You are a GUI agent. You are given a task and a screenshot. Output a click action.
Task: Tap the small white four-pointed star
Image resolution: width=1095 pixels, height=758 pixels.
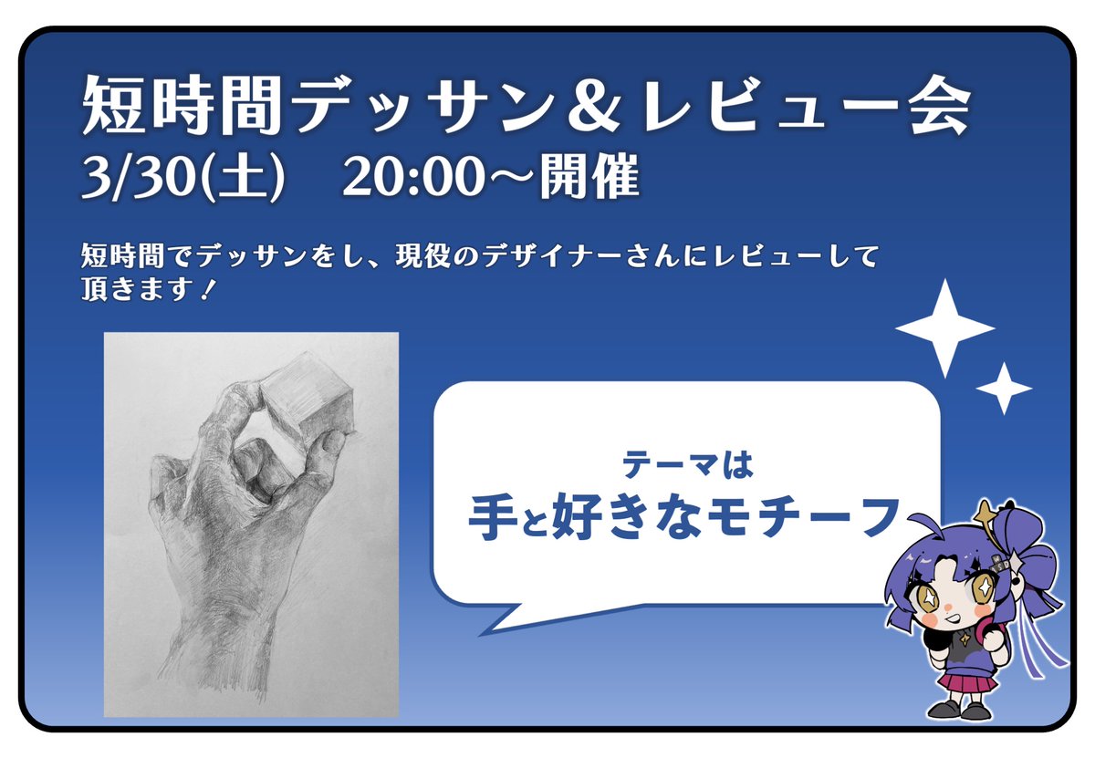click(1004, 389)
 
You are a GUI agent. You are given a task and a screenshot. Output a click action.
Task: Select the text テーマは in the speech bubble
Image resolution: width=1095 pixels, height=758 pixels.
click(686, 465)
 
